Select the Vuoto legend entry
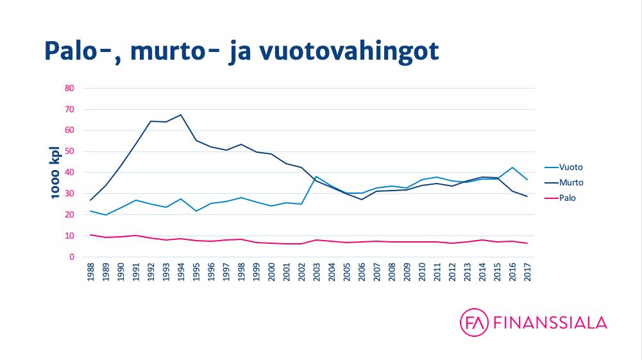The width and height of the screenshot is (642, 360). (x=571, y=167)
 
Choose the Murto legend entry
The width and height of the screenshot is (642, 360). (x=571, y=183)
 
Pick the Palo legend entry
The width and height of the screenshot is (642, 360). (x=567, y=198)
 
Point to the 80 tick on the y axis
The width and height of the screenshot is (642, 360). (x=70, y=89)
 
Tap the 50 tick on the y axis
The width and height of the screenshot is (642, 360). (x=70, y=151)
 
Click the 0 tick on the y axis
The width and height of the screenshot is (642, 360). (x=72, y=257)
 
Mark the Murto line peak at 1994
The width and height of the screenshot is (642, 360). (x=181, y=115)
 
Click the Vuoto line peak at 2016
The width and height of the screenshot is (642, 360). (x=512, y=167)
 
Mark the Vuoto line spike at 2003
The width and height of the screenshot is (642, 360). (x=316, y=176)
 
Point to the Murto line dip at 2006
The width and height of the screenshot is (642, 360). (x=361, y=200)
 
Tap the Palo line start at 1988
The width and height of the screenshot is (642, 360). (x=90, y=235)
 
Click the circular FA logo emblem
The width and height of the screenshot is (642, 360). (x=475, y=322)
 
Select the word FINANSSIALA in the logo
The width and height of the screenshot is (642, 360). (x=551, y=323)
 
